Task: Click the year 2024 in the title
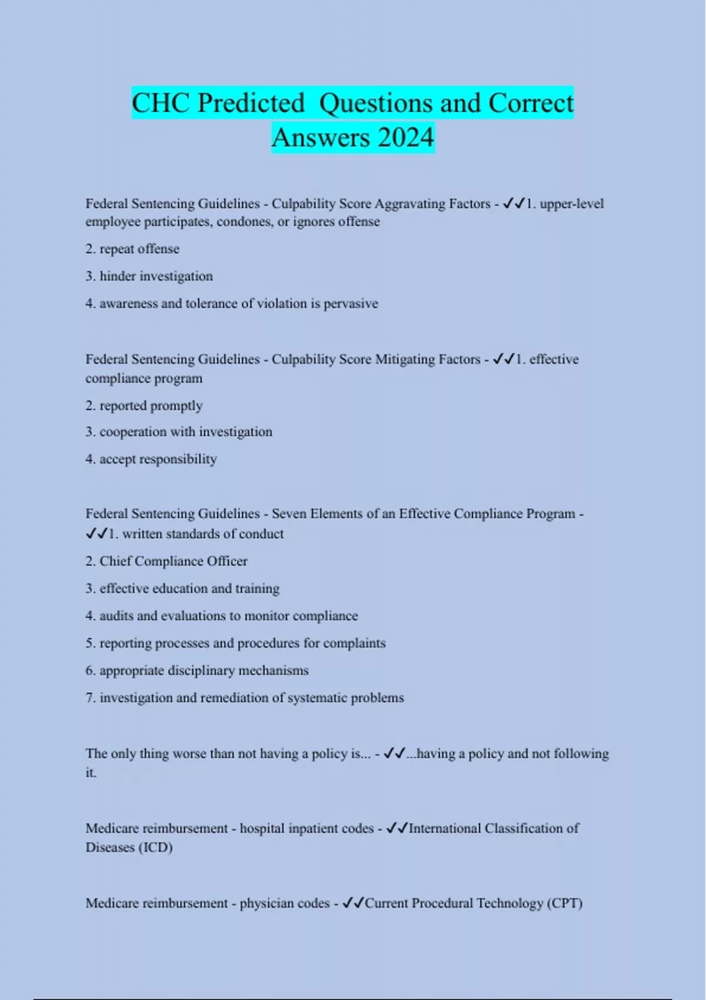[x=405, y=138]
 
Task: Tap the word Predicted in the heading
[x=251, y=104]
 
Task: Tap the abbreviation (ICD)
[x=155, y=848]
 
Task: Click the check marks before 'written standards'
[x=96, y=534]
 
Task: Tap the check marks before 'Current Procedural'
[x=353, y=903]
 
